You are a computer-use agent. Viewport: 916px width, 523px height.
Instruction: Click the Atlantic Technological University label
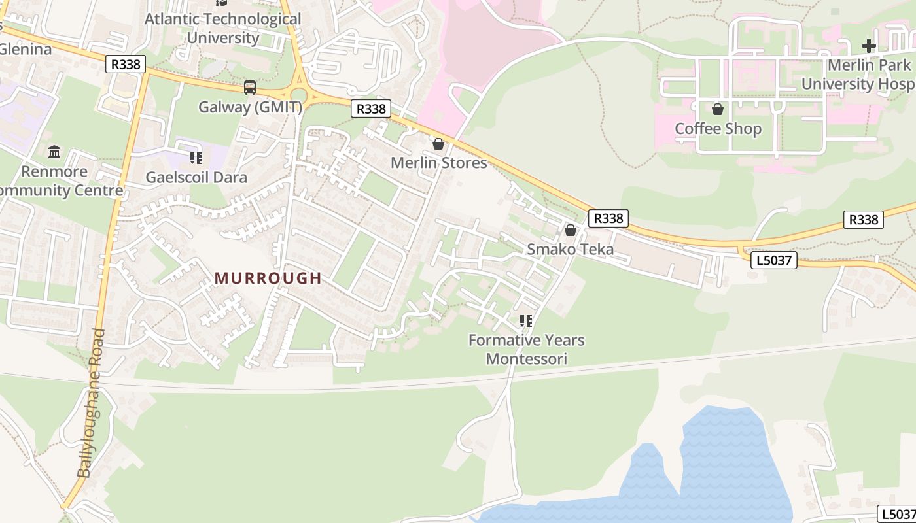tap(222, 28)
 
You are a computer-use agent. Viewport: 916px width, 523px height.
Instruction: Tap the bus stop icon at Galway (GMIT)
tap(250, 88)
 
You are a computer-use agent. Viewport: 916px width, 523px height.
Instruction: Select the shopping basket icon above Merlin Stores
tap(438, 144)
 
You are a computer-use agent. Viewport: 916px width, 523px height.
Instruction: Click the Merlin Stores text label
tap(438, 163)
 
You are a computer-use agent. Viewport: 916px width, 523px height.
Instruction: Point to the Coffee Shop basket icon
tap(718, 109)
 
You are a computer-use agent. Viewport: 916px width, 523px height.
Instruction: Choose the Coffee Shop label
tap(718, 129)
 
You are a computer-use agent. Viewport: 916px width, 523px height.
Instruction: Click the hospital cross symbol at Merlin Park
tap(868, 46)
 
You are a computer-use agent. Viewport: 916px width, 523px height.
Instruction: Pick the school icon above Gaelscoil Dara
tap(196, 158)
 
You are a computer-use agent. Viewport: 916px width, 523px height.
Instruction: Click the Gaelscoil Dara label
tap(196, 177)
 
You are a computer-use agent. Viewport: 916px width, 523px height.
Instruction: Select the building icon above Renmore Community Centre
tap(54, 152)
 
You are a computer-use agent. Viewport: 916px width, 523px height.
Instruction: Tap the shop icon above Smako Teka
tap(571, 230)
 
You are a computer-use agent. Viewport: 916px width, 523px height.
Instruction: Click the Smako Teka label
tap(571, 249)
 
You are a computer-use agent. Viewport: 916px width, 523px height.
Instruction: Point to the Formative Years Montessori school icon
tap(525, 321)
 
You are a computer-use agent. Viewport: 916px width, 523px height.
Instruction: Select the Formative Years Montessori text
tap(526, 349)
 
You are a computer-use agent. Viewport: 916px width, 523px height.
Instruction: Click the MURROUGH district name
tap(268, 278)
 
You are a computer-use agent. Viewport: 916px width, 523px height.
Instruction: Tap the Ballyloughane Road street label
tap(92, 403)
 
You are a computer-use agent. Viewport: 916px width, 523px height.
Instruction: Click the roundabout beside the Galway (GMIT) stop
tap(299, 93)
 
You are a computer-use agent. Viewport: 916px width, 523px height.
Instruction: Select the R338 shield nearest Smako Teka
tap(608, 218)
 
